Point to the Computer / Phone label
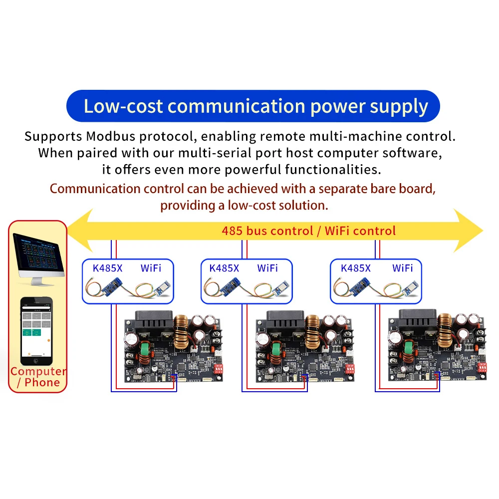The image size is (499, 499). pos(38,377)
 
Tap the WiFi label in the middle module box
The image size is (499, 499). pos(267,268)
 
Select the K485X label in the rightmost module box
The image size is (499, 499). pos(355,268)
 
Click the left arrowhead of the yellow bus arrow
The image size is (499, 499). pos(80,231)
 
